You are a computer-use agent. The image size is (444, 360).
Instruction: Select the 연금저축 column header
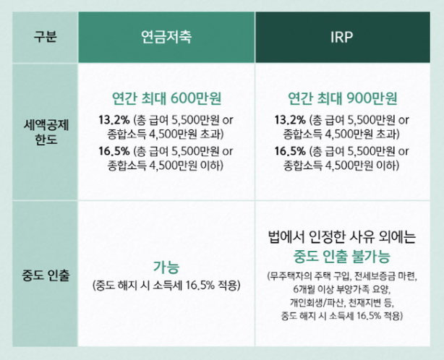point(166,37)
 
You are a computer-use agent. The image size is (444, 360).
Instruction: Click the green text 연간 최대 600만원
point(166,98)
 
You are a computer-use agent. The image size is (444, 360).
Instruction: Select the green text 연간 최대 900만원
point(343,98)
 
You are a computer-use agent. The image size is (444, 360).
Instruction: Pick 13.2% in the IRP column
point(290,119)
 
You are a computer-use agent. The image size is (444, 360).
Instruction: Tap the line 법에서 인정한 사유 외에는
point(342,236)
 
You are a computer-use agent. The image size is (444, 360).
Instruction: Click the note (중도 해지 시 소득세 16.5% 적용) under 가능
point(166,284)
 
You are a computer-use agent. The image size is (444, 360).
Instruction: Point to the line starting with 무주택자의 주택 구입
point(342,275)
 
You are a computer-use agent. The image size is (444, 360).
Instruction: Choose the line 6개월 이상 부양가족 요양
point(342,289)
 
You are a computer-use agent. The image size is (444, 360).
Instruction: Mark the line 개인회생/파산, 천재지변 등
point(342,303)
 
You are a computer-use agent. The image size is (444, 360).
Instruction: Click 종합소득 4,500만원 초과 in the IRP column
point(343,134)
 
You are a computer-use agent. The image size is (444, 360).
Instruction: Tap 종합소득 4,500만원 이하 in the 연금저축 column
point(166,166)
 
